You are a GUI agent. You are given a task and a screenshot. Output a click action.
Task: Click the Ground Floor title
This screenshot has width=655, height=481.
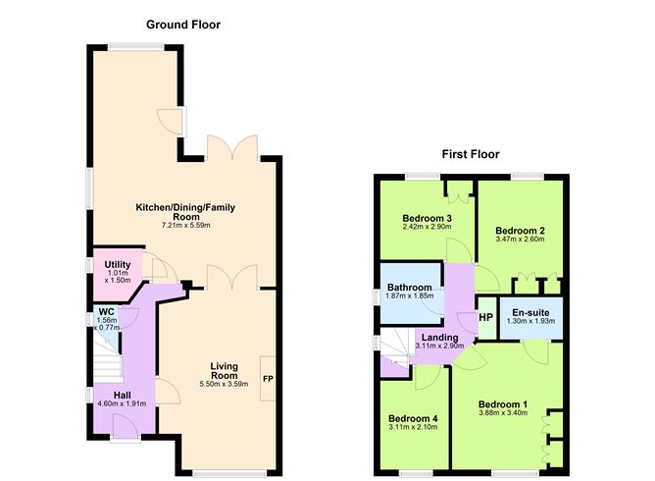183,24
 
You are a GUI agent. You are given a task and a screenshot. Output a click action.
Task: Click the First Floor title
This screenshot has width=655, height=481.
470,154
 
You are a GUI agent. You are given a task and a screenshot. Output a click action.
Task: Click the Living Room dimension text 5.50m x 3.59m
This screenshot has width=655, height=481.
225,384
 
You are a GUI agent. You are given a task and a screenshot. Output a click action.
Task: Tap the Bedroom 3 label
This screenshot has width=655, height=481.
427,218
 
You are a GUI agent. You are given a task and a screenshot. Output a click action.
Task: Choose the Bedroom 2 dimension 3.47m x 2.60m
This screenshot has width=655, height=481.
521,240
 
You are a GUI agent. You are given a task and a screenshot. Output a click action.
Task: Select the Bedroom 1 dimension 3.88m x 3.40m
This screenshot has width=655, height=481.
503,413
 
